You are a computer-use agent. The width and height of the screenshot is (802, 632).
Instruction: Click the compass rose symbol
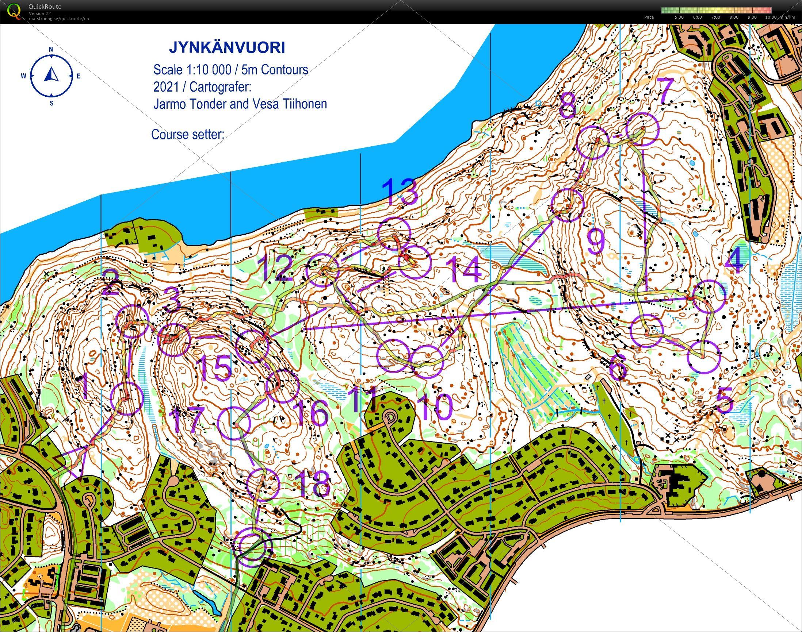tap(51, 76)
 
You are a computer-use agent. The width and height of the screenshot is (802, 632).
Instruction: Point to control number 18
tap(313, 485)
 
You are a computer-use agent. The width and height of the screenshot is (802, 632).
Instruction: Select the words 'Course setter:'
tap(188, 134)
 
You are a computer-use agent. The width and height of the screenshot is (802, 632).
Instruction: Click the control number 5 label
tap(725, 402)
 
